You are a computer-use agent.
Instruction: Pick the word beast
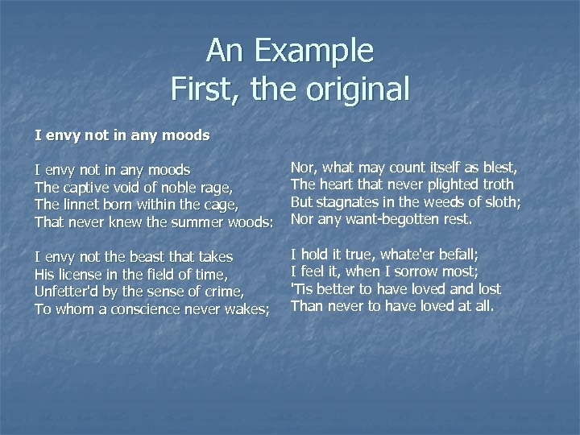coord(143,257)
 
